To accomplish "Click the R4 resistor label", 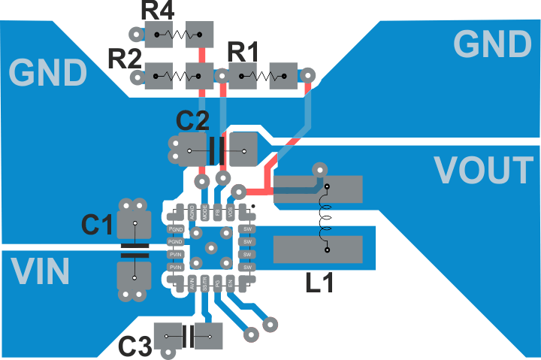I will tap(157, 11).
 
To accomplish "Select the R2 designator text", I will tap(124, 57).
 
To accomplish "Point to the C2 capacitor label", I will tap(193, 120).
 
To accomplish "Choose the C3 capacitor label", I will tap(136, 346).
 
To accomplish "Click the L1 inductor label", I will tap(320, 283).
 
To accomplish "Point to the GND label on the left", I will tap(49, 73).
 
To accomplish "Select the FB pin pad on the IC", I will tap(218, 211).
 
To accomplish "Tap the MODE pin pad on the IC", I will tap(205, 211).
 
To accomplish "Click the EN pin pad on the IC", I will tap(231, 283).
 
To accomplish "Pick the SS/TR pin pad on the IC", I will tap(205, 283).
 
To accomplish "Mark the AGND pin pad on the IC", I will tap(192, 211).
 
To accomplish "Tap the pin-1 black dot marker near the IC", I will tap(252, 204).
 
